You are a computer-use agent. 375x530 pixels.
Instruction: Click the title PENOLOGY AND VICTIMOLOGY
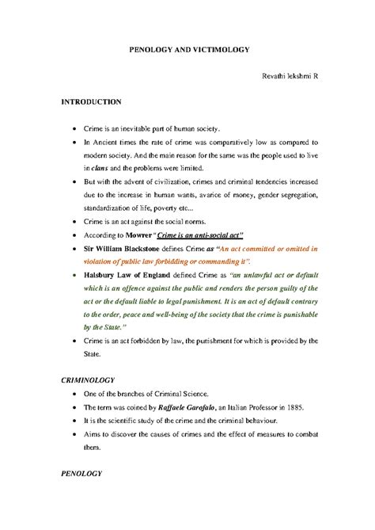[x=189, y=48]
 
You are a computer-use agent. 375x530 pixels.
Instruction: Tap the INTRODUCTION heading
[x=91, y=102]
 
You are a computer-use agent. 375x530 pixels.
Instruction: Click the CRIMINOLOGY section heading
[x=89, y=380]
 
